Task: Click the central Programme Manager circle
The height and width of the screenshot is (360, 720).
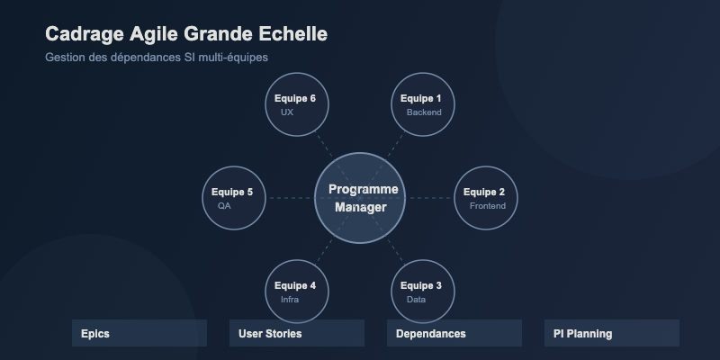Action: pyautogui.click(x=360, y=198)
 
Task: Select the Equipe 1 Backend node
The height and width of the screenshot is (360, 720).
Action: pyautogui.click(x=423, y=103)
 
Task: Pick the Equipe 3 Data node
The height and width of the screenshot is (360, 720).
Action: pyautogui.click(x=423, y=292)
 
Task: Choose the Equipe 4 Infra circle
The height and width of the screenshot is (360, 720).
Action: pyautogui.click(x=297, y=292)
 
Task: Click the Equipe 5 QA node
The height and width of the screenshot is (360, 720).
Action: pyautogui.click(x=234, y=198)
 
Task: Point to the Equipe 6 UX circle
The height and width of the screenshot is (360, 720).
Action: pyautogui.click(x=297, y=103)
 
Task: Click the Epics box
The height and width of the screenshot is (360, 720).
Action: pyautogui.click(x=139, y=333)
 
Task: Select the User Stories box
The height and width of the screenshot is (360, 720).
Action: pyautogui.click(x=297, y=333)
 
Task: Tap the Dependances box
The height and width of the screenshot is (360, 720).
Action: pyautogui.click(x=454, y=333)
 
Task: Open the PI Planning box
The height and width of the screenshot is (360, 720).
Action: pyautogui.click(x=612, y=333)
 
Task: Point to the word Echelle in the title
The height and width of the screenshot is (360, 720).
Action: pyautogui.click(x=292, y=34)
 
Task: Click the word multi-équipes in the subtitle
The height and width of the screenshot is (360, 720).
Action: pyautogui.click(x=232, y=58)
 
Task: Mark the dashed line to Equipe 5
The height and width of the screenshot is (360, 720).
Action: pyautogui.click(x=290, y=198)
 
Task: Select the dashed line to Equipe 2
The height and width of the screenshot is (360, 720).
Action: pyautogui.click(x=430, y=198)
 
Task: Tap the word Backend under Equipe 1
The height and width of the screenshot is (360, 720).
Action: pyautogui.click(x=424, y=112)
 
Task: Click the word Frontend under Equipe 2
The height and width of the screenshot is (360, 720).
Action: pyautogui.click(x=488, y=206)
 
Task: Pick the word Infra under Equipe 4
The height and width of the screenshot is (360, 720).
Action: pyautogui.click(x=290, y=300)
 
